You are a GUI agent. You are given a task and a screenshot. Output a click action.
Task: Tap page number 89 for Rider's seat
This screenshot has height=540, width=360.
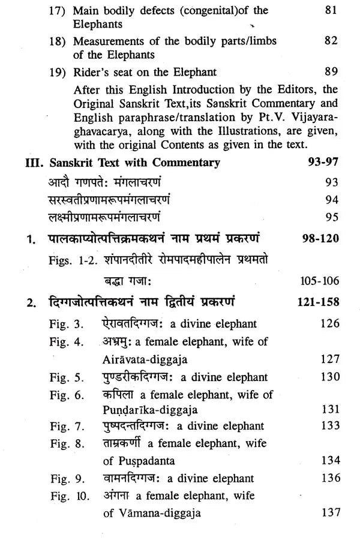[332, 73]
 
